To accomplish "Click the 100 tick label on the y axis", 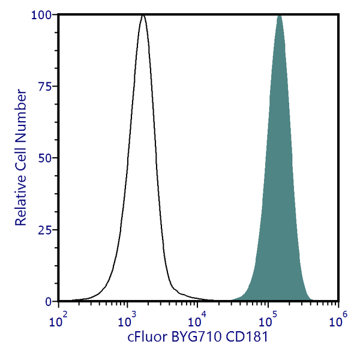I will [x=41, y=14].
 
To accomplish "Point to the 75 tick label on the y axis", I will [x=44, y=86].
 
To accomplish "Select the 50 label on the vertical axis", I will [x=44, y=158].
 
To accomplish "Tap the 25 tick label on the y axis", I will [x=44, y=230].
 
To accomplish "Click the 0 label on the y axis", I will [x=48, y=301].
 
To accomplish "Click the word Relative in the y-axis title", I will [x=22, y=201].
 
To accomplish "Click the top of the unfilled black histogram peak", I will [x=143, y=14].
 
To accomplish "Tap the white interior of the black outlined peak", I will [x=143, y=180].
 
